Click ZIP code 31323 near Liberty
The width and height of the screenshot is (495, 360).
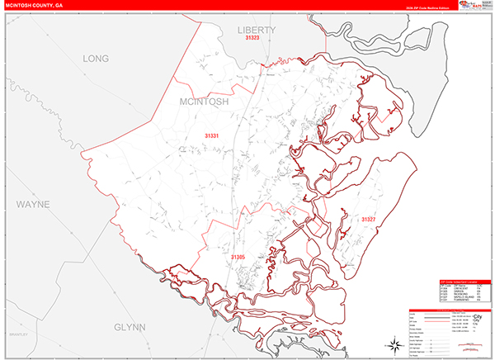point(252,38)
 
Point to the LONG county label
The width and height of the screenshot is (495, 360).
point(96,59)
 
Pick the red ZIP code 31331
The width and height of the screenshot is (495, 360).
point(213,135)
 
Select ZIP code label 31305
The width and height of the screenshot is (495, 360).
point(238,258)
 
